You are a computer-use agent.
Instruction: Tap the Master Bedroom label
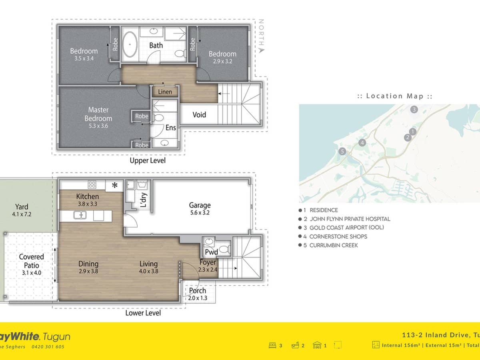[x=98, y=114]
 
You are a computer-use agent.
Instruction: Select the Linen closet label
[x=165, y=92]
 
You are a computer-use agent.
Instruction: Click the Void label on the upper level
[x=199, y=115]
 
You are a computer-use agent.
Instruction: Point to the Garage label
[x=200, y=206]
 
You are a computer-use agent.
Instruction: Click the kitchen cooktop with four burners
[x=92, y=184]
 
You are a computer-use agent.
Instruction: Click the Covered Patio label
[x=32, y=261]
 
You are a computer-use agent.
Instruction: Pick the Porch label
[x=198, y=291]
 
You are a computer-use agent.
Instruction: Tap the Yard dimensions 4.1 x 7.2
[x=22, y=214]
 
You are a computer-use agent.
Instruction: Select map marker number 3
[x=414, y=109]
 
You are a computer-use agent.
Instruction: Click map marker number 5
[x=342, y=151]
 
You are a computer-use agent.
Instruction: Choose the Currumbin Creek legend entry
[x=333, y=245]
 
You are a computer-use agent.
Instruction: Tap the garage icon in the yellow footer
[x=317, y=345]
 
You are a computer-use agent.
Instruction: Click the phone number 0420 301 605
[x=48, y=347]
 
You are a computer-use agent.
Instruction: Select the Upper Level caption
[x=148, y=160]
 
